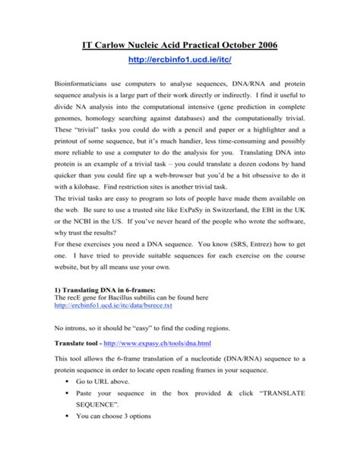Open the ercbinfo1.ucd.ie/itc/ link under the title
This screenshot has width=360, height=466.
tap(180, 60)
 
